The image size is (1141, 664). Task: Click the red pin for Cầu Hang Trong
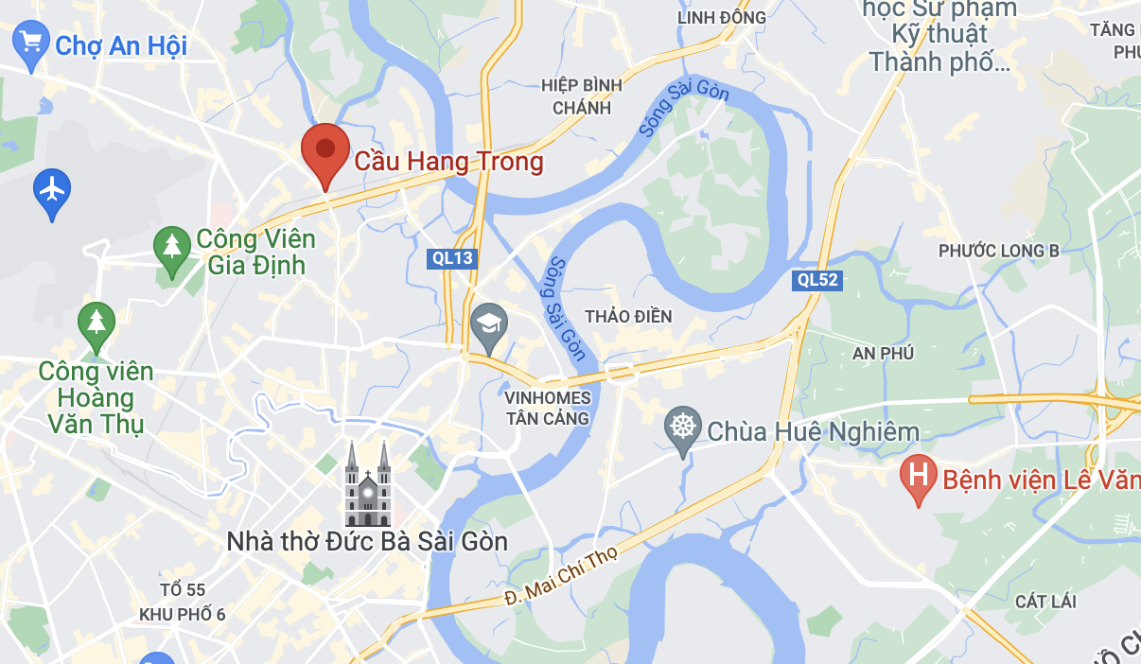click(x=325, y=151)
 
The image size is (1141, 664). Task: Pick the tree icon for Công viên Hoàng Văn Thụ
click(x=96, y=323)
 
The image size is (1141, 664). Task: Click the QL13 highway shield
click(x=451, y=257)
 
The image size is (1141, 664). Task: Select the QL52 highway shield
click(x=817, y=279)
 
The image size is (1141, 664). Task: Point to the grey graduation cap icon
click(x=489, y=324)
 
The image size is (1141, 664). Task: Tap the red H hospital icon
click(x=918, y=476)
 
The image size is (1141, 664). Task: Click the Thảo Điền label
click(x=628, y=316)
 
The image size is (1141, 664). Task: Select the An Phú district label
click(x=883, y=353)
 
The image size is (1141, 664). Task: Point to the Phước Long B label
click(x=998, y=251)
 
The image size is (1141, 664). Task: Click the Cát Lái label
click(x=1045, y=602)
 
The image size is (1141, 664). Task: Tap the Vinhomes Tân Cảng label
click(x=548, y=408)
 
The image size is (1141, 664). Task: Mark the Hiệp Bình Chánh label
click(x=582, y=96)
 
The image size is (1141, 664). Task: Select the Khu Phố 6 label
click(x=183, y=614)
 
